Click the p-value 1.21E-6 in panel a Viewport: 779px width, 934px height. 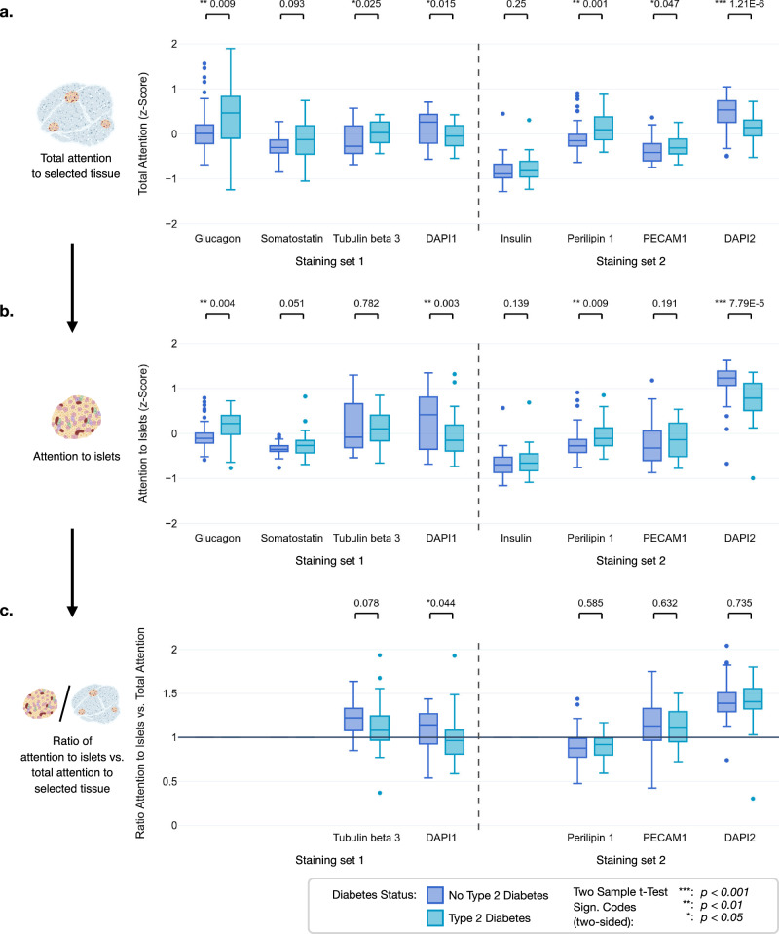[x=748, y=4]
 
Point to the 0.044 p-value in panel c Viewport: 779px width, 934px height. [x=443, y=603]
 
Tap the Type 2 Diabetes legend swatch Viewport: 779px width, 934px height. [x=435, y=917]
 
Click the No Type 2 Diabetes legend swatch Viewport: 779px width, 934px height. [x=435, y=895]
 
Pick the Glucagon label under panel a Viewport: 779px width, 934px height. [x=217, y=239]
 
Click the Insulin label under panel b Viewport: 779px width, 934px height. [x=516, y=538]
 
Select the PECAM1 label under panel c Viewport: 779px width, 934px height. [x=665, y=838]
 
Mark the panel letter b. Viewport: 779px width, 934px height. [x=7, y=311]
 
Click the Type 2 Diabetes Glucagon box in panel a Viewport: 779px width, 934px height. [x=230, y=117]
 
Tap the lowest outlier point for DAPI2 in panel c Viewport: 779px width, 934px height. [x=753, y=799]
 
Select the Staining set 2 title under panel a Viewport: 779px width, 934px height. [x=631, y=261]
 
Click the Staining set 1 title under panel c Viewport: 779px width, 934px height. [x=329, y=860]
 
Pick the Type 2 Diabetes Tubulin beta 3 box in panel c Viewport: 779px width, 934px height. [x=380, y=728]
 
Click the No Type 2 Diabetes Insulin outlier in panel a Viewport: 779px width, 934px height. [x=502, y=113]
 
